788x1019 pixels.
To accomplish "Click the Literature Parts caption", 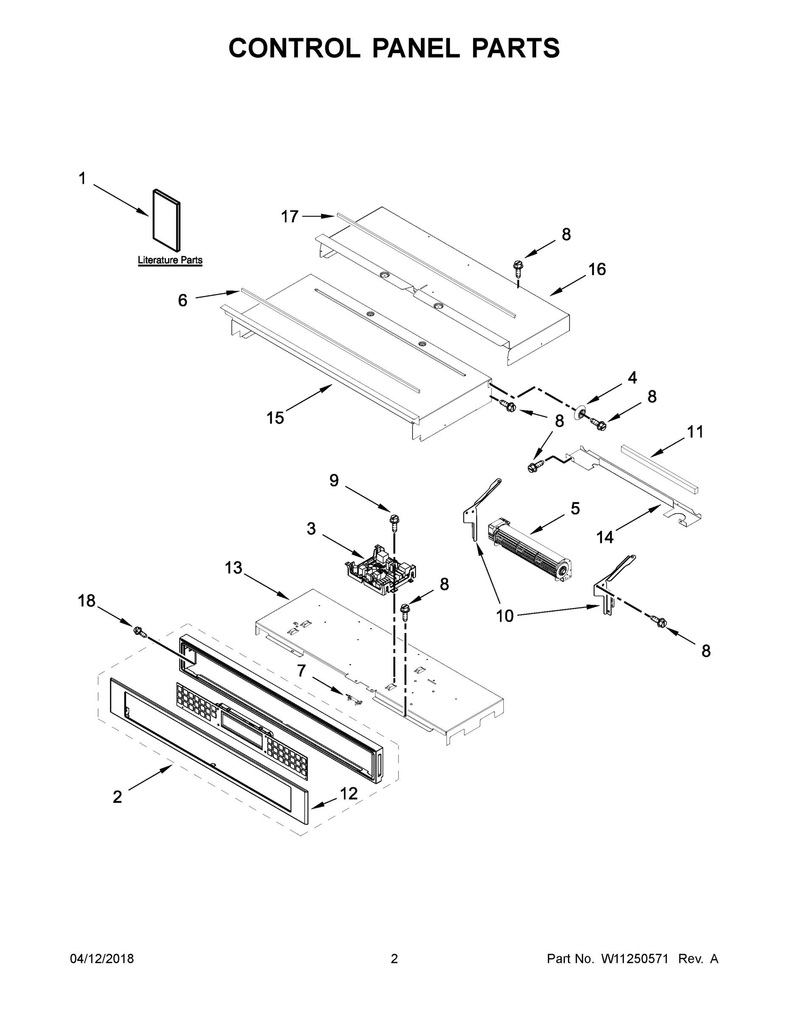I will [170, 260].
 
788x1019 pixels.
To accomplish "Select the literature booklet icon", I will [166, 220].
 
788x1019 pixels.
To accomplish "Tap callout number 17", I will [289, 217].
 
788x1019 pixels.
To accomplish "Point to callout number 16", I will [596, 269].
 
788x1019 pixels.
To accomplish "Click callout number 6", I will [183, 301].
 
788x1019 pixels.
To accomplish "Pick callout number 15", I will [275, 418].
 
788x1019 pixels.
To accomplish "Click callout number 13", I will [233, 568].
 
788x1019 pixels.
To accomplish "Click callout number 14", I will [604, 538].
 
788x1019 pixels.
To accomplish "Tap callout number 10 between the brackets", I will [505, 616].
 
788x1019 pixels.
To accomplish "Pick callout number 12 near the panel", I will [349, 794].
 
